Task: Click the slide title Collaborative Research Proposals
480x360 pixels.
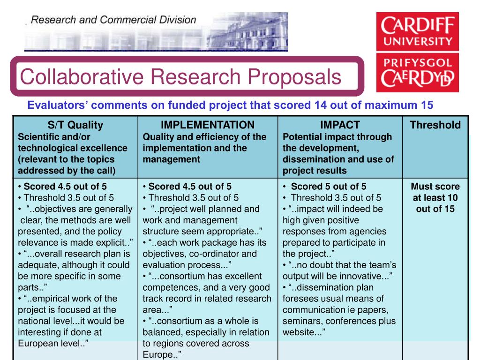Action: point(180,77)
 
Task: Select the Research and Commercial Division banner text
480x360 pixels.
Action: point(113,20)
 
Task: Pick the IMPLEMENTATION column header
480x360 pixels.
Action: point(208,125)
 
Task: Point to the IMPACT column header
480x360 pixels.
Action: point(340,125)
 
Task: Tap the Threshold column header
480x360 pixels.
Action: point(435,125)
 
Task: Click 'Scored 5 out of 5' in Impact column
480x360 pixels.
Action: point(328,187)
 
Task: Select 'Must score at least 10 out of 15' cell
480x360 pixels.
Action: point(435,197)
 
